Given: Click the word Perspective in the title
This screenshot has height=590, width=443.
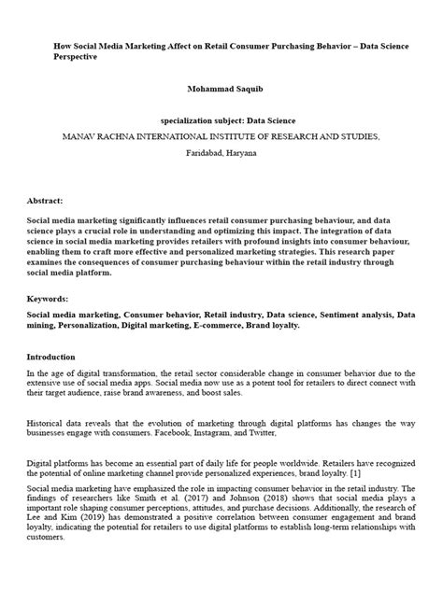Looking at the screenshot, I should pos(76,57).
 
